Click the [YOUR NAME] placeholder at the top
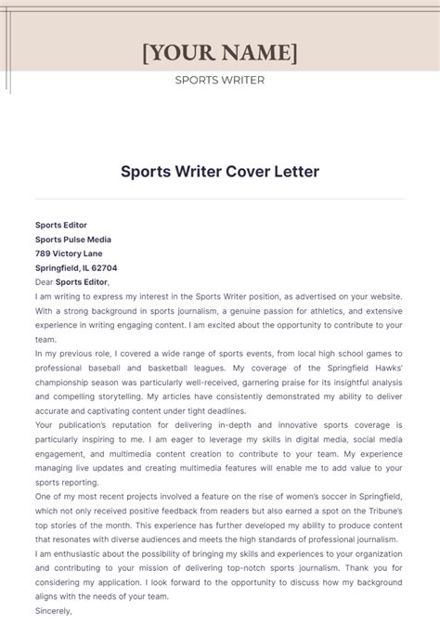pyautogui.click(x=220, y=52)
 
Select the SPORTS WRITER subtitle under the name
pyautogui.click(x=220, y=80)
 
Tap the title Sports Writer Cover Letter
pyautogui.click(x=220, y=172)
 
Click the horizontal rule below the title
pyautogui.click(x=220, y=199)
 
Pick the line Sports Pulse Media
pyautogui.click(x=73, y=239)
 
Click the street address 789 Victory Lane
pyautogui.click(x=69, y=253)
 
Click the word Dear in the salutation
pyautogui.click(x=44, y=282)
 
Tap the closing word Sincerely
pyautogui.click(x=53, y=612)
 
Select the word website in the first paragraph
pyautogui.click(x=383, y=296)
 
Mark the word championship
pyautogui.click(x=64, y=383)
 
